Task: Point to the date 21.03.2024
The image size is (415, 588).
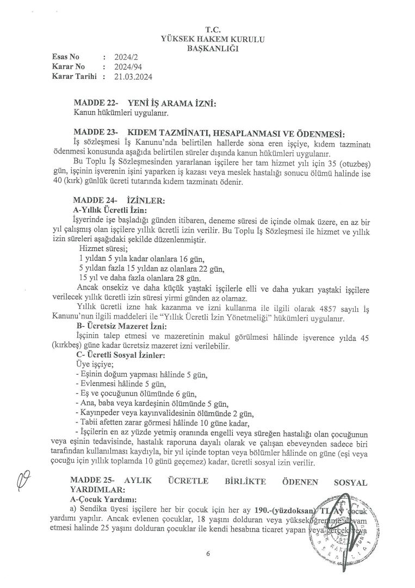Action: click(x=134, y=77)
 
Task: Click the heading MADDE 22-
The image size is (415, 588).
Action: click(x=96, y=103)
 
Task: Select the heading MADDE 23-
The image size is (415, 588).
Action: click(x=96, y=133)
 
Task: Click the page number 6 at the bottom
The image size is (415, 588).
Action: click(x=208, y=554)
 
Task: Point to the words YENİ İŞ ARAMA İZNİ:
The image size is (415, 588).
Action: click(x=172, y=103)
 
